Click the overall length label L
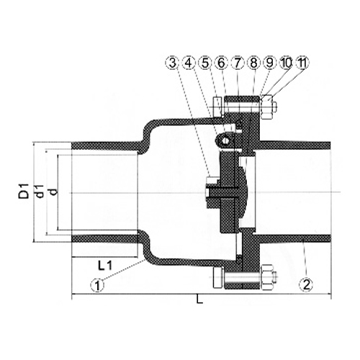tap(199, 302)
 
